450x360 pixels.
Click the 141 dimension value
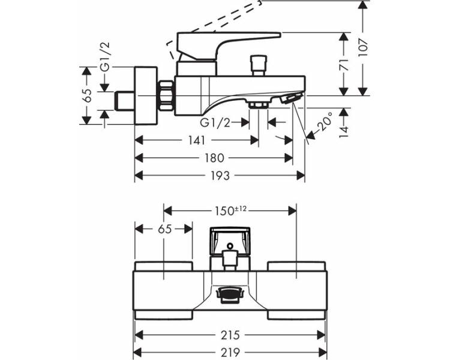(x=197, y=140)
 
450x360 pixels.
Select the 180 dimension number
(x=214, y=158)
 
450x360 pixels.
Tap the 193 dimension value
(x=220, y=175)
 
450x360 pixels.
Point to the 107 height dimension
(x=363, y=47)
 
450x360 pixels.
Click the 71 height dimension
(x=344, y=65)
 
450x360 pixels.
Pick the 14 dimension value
(x=344, y=132)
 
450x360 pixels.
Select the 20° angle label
(x=325, y=122)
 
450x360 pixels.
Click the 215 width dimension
(x=230, y=335)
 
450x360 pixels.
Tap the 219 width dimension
(x=230, y=352)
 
